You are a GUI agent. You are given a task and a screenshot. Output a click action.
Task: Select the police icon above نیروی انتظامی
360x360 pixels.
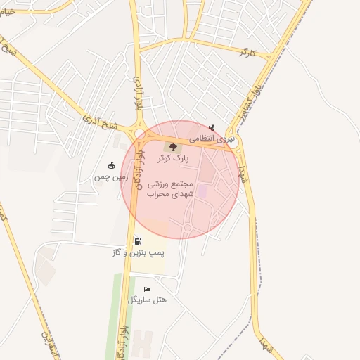tap(212, 128)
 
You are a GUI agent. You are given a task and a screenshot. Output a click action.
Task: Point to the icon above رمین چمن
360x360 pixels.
tap(111, 166)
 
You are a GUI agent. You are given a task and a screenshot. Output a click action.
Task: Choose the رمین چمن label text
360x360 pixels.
tap(109, 177)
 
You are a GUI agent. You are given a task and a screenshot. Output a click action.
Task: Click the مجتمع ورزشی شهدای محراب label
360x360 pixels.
tap(173, 188)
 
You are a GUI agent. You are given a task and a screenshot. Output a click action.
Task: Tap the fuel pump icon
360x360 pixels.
tap(137, 241)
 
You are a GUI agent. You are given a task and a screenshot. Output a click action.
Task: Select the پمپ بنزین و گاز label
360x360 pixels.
tap(136, 252)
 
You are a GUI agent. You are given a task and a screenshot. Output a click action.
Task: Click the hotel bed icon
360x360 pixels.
tap(147, 289)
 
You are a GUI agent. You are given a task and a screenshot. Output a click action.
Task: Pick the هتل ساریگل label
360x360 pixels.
tap(148, 300)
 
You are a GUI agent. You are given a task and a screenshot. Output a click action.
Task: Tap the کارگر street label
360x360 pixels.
tap(245, 52)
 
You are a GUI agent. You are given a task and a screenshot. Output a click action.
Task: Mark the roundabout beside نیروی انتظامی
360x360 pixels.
tap(234, 143)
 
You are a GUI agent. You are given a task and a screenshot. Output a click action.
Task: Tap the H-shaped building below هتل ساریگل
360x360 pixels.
tap(143, 344)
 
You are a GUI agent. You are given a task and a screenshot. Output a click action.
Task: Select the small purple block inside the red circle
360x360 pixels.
tap(202, 191)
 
